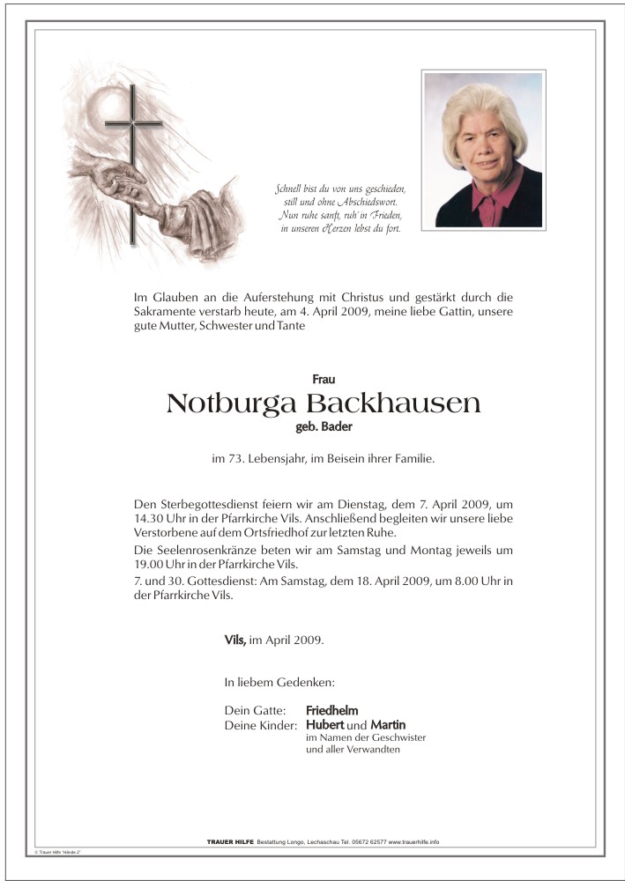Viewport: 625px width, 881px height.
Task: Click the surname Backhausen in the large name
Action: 393,404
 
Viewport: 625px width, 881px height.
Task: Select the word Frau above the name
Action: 324,379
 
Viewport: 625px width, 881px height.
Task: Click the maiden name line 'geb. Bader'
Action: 324,427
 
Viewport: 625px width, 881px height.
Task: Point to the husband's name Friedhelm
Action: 331,710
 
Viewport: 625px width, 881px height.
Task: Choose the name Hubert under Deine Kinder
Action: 325,724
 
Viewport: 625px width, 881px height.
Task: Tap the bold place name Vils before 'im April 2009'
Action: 234,640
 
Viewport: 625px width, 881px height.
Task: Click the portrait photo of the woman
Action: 482,150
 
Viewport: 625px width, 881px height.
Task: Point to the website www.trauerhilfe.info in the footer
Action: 413,842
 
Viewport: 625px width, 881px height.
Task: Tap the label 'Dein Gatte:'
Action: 256,710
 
